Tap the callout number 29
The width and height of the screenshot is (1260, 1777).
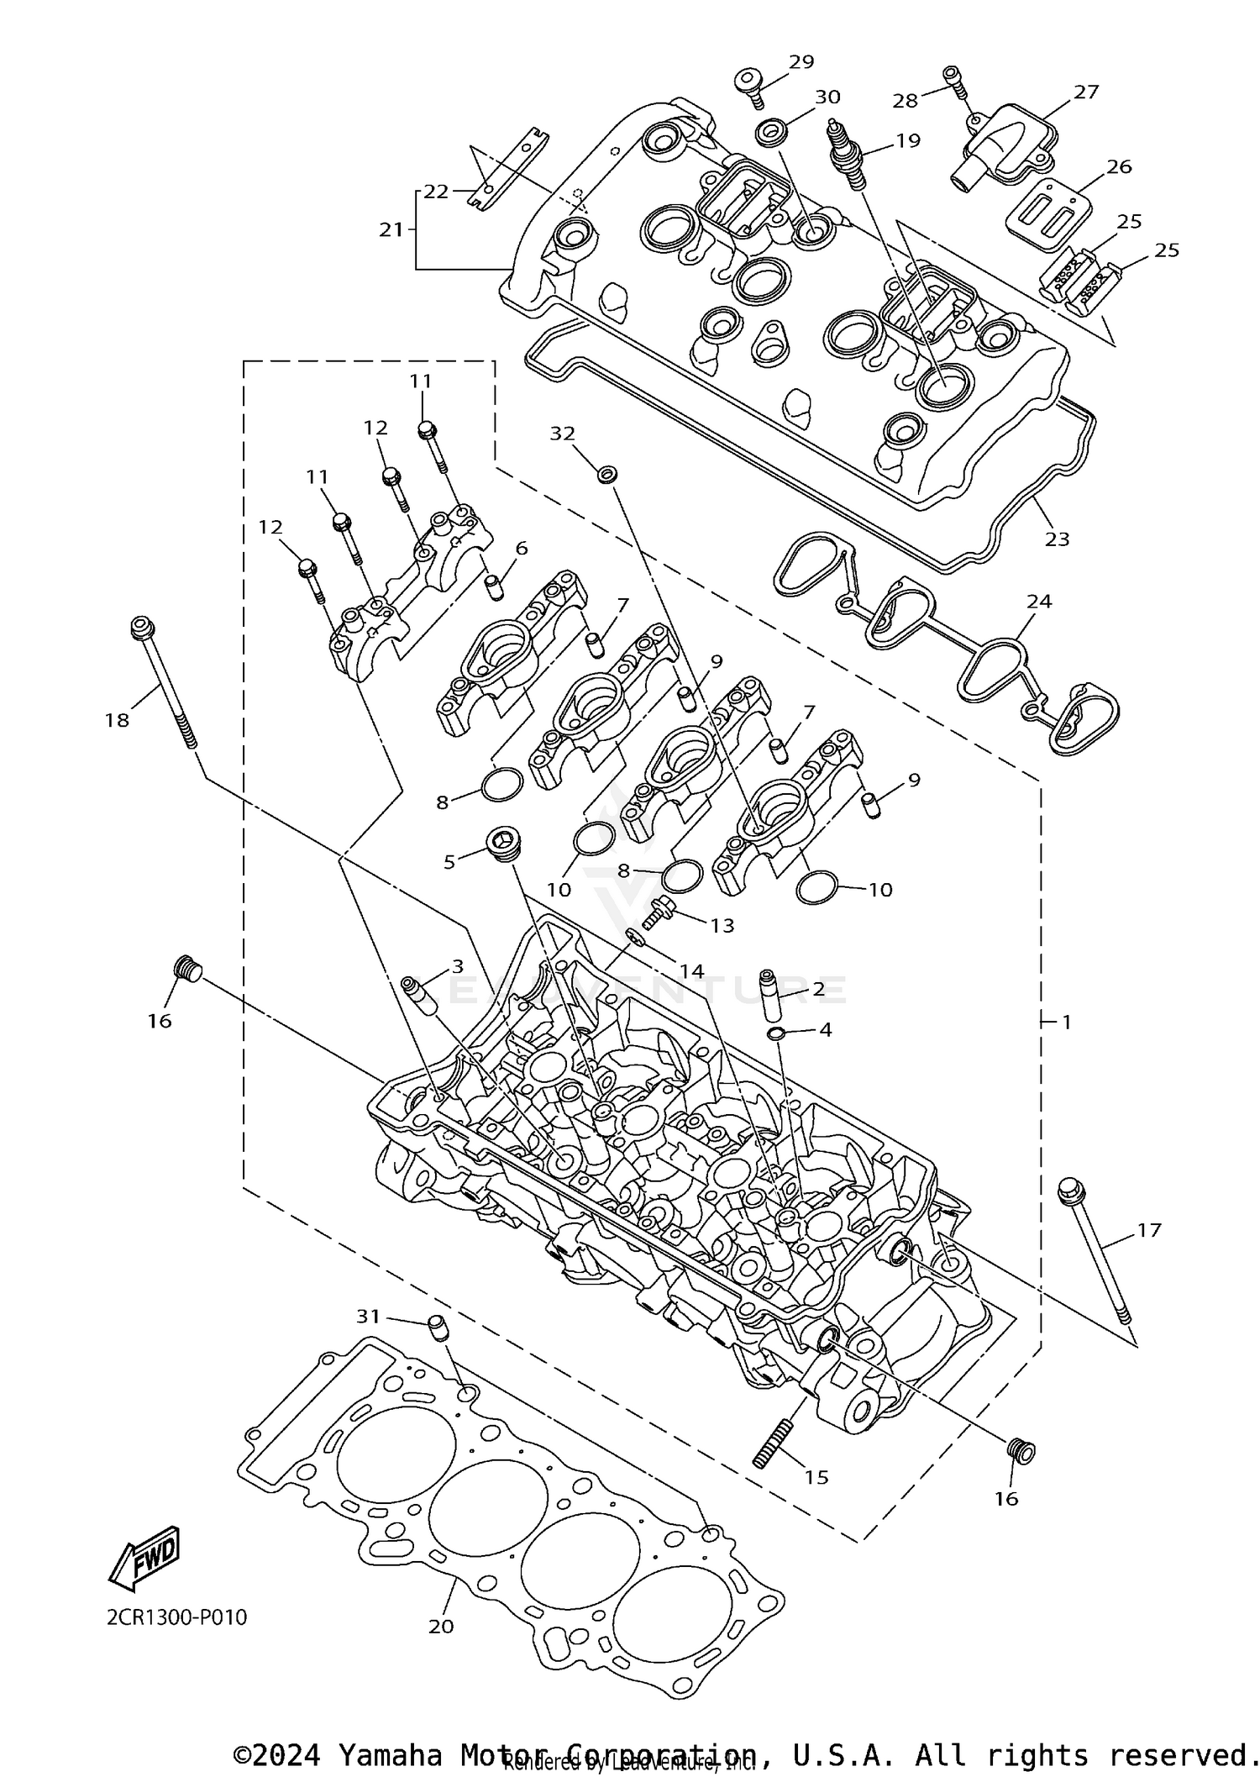(801, 61)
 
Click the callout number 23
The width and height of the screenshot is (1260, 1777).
(1057, 539)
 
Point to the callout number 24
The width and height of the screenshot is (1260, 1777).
(1039, 602)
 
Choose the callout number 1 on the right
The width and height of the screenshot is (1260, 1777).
(1066, 1022)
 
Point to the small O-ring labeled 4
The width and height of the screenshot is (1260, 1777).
(778, 1031)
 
